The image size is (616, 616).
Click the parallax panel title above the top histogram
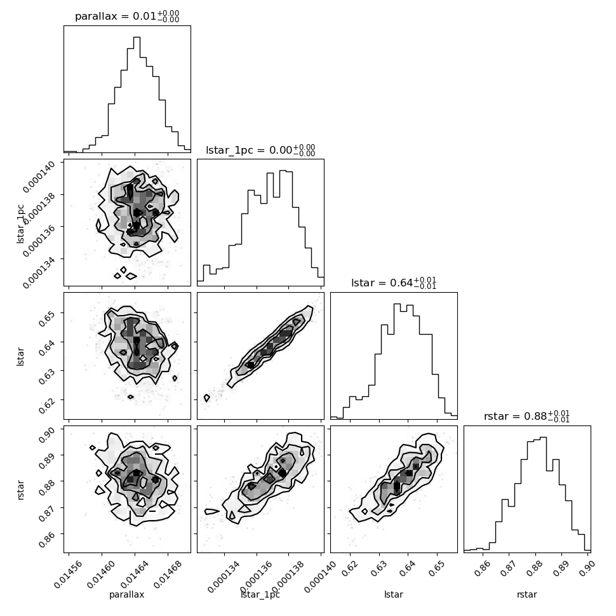(127, 17)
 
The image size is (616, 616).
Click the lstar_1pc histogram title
(260, 150)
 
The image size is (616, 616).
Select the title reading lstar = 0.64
(394, 283)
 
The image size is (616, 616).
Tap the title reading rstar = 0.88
(527, 416)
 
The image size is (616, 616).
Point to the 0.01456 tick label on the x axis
(68, 574)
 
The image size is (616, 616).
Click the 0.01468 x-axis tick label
(168, 574)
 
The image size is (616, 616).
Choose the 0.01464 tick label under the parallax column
(135, 574)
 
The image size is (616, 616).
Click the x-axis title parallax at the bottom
(127, 594)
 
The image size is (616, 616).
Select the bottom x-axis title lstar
(394, 594)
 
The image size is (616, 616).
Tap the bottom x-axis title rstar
(527, 594)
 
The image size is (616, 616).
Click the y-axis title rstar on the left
(20, 490)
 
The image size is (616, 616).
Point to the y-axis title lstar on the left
(20, 356)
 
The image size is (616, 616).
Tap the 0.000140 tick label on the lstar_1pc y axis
(39, 177)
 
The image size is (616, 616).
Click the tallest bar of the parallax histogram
(137, 94)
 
